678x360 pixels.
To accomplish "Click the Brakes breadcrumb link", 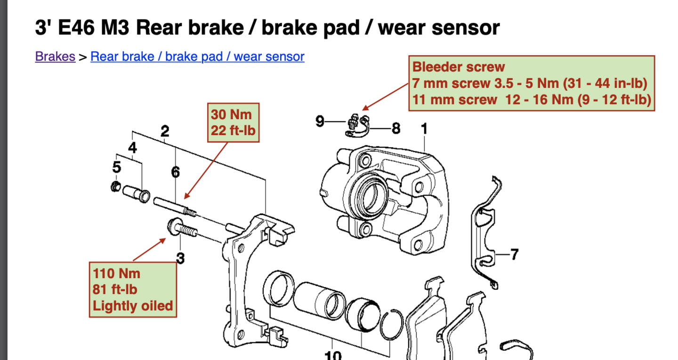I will (55, 56).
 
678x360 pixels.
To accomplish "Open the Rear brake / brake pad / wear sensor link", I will (197, 56).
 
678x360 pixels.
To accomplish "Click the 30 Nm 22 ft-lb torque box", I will (233, 122).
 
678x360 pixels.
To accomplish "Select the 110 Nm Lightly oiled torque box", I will (133, 289).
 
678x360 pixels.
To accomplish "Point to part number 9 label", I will (320, 122).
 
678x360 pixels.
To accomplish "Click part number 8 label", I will (396, 128).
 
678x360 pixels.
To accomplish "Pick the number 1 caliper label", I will (424, 128).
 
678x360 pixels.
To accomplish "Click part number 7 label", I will (514, 255).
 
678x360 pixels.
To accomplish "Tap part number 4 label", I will (133, 148).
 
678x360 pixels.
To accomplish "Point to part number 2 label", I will (165, 131).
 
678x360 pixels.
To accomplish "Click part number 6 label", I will (176, 172).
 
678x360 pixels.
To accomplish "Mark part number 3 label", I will (180, 258).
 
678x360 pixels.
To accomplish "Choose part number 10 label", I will (333, 355).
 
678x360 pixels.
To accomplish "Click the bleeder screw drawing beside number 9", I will (355, 123).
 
